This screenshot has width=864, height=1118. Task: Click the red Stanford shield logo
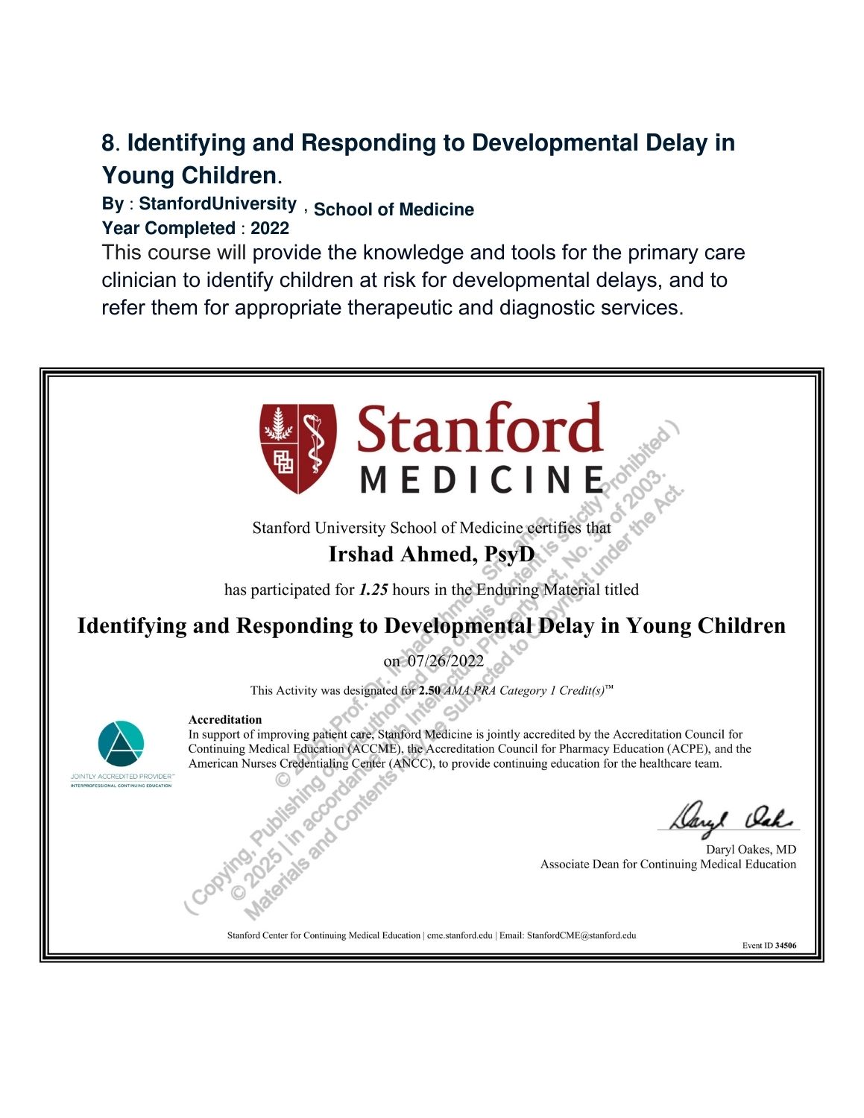(298, 448)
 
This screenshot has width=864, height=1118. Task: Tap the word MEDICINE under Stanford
(481, 479)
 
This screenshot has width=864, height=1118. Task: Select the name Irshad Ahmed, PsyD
(432, 555)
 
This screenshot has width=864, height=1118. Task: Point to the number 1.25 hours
(373, 590)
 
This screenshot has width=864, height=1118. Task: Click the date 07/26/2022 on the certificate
(445, 661)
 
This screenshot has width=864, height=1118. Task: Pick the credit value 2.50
(429, 690)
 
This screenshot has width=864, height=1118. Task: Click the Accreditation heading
(225, 719)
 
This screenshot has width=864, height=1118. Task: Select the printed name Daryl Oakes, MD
(751, 850)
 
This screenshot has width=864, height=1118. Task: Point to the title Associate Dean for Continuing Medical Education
(668, 865)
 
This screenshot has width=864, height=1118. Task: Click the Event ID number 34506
(786, 946)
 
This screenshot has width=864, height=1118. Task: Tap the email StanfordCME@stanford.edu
(581, 935)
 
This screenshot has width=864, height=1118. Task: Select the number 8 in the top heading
(109, 143)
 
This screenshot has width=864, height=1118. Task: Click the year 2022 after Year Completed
(269, 228)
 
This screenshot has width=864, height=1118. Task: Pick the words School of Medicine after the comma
(394, 209)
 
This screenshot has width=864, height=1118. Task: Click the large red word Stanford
(479, 430)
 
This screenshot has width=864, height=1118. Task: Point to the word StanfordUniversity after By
(218, 203)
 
